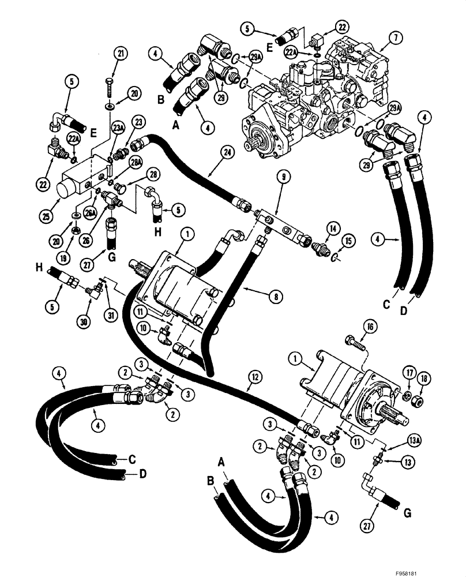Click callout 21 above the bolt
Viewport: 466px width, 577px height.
(x=120, y=54)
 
